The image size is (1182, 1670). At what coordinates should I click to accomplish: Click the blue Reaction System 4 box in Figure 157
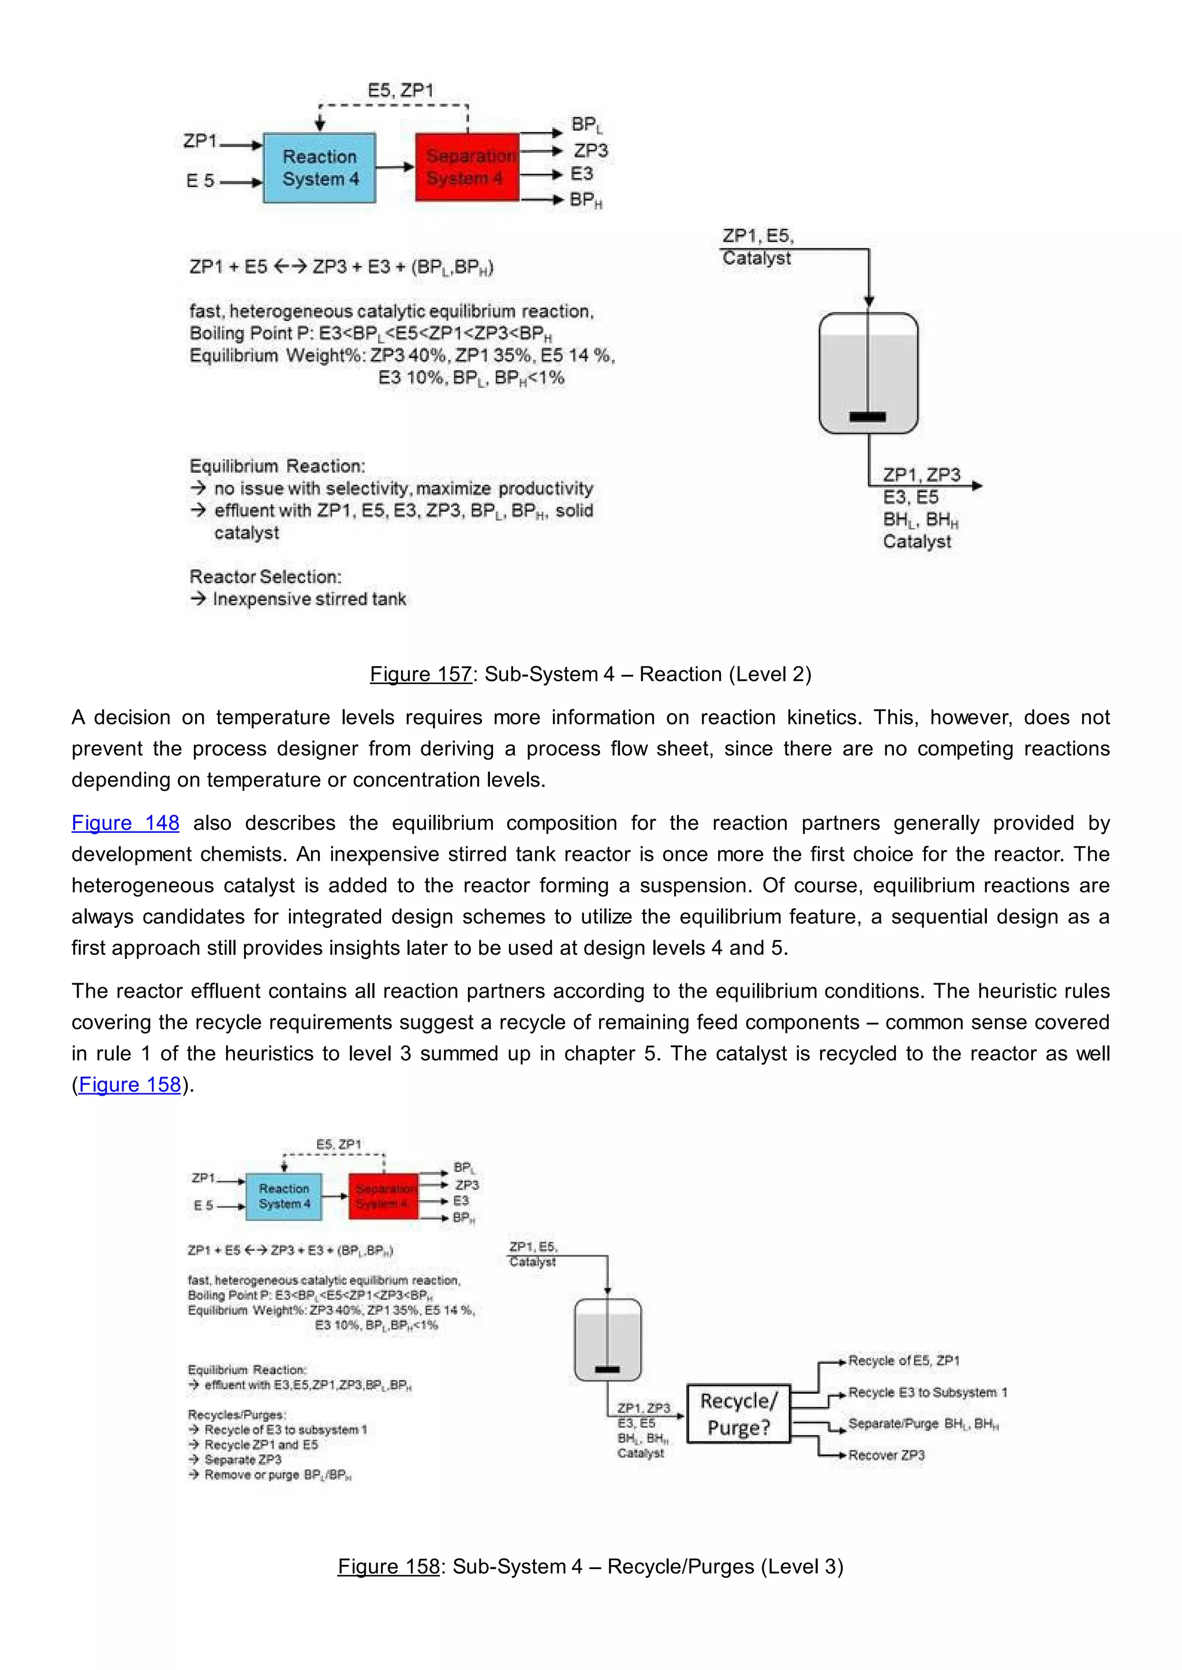[x=320, y=168]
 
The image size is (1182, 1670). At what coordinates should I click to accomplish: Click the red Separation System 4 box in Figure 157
[x=466, y=167]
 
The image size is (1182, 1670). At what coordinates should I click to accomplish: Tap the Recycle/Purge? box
[x=739, y=1414]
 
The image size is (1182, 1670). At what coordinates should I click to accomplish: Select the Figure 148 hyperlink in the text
[x=125, y=823]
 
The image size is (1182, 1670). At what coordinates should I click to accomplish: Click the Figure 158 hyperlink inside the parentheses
[x=129, y=1085]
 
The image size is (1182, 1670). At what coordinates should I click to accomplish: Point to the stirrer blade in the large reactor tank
[x=867, y=417]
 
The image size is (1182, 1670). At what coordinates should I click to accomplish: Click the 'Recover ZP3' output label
[x=886, y=1455]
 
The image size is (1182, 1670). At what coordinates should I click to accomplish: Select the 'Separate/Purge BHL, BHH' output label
[x=923, y=1423]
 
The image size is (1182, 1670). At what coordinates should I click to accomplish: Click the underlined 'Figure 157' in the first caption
[x=421, y=674]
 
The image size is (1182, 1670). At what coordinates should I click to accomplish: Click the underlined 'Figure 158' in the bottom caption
[x=388, y=1566]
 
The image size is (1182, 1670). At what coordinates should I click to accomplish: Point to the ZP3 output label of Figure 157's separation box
[x=590, y=151]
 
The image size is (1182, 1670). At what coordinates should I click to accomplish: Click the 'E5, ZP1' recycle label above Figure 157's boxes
[x=401, y=90]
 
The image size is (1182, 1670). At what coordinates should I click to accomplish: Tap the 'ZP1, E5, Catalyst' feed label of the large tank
[x=758, y=247]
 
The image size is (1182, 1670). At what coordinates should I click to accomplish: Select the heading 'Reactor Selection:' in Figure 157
[x=265, y=577]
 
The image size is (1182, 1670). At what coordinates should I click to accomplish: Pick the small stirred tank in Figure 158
[x=608, y=1339]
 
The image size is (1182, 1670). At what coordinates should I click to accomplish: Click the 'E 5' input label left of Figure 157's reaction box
[x=200, y=180]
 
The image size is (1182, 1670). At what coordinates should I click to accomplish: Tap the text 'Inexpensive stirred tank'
[x=309, y=599]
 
